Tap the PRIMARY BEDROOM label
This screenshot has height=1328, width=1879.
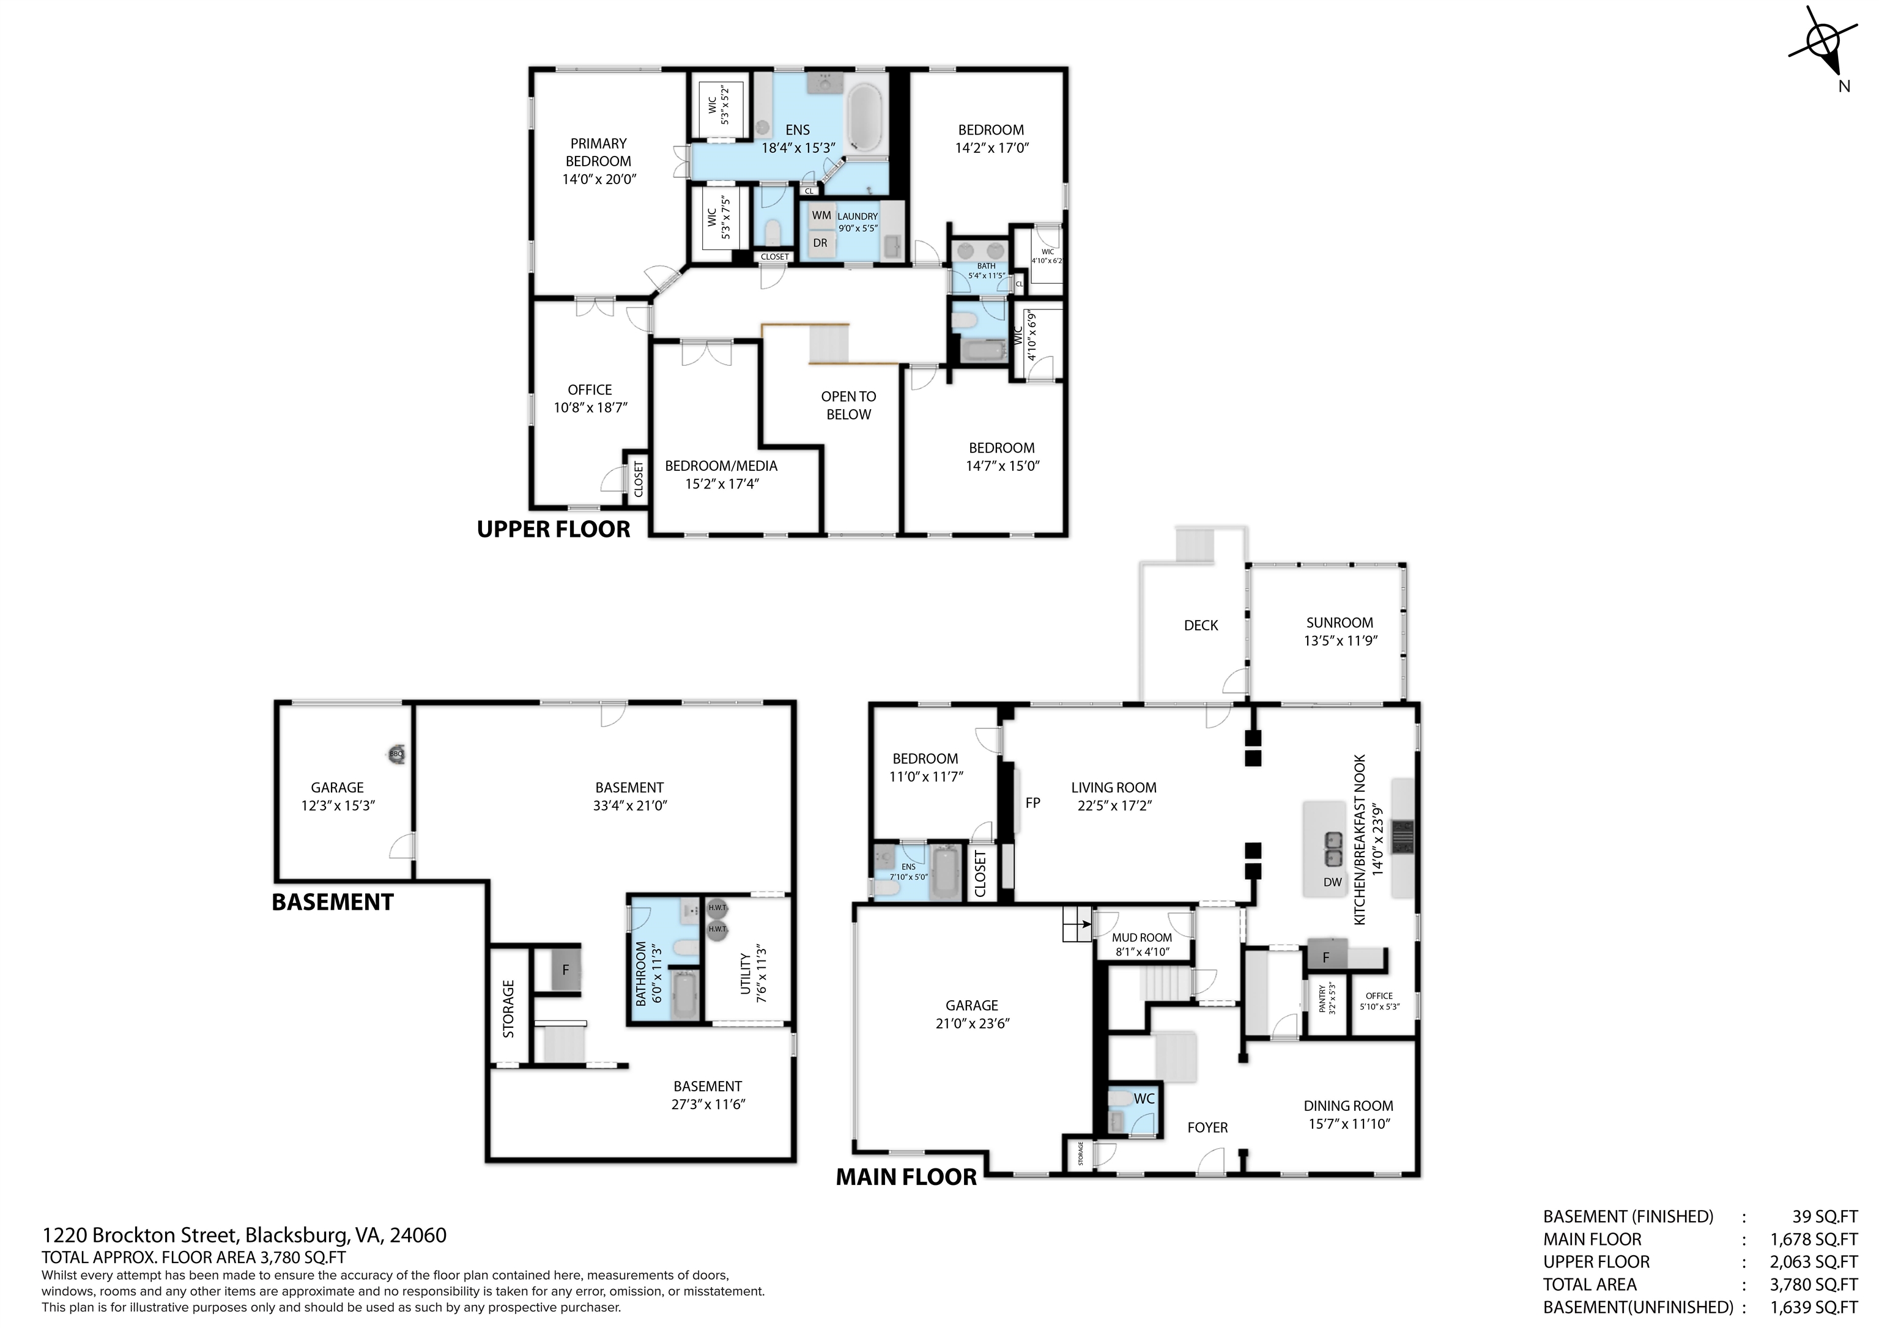pos(599,152)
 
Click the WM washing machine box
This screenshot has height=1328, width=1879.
pos(821,215)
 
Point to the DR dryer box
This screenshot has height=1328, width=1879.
pos(821,243)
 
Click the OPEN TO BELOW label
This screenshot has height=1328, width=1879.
pos(848,405)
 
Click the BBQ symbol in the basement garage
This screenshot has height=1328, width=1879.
pos(396,754)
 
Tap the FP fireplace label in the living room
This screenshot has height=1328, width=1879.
pos(1033,803)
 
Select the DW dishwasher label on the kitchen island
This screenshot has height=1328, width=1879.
pos(1332,882)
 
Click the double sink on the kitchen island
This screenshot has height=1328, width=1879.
pos(1333,849)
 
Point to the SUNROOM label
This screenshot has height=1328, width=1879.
pos(1340,622)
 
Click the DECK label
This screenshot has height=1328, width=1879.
pos(1201,625)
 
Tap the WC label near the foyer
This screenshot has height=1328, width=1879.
pos(1144,1099)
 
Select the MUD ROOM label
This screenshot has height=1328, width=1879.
pos(1141,938)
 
